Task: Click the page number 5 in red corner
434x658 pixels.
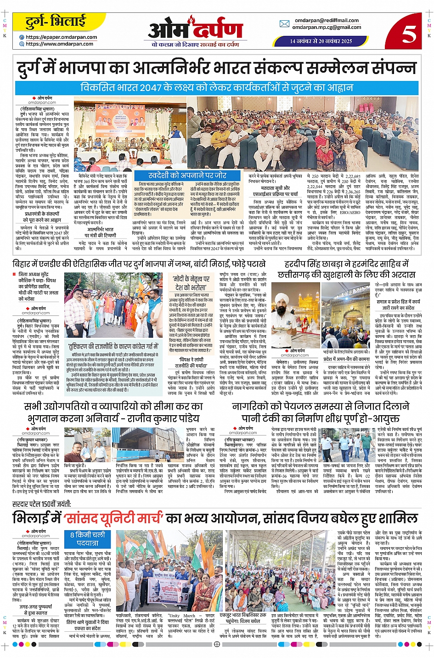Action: click(408, 34)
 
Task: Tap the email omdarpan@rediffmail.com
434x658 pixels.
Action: click(327, 20)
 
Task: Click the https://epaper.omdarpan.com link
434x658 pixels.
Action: click(61, 37)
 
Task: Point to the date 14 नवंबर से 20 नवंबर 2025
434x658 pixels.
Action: click(321, 41)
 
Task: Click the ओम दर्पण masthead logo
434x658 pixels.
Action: click(195, 30)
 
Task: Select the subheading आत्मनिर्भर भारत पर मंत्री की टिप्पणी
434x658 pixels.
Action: click(100, 232)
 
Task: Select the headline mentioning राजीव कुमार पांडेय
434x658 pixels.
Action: click(113, 412)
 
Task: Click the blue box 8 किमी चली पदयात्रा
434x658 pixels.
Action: click(88, 538)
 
